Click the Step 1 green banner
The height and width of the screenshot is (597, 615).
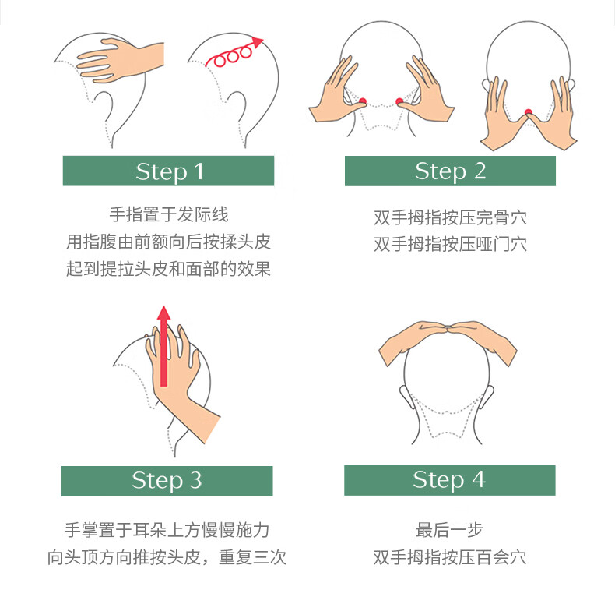tap(168, 171)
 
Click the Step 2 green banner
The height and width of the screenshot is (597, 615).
tap(450, 171)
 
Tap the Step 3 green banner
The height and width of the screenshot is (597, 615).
tap(167, 481)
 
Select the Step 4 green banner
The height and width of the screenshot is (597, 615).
tap(450, 480)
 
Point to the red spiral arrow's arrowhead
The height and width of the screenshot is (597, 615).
tap(258, 41)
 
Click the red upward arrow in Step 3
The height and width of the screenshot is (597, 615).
tap(164, 345)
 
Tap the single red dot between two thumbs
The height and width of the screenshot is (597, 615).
tap(529, 113)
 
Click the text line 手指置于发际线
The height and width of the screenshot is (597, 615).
tap(169, 214)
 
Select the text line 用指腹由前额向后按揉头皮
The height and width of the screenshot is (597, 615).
tap(168, 242)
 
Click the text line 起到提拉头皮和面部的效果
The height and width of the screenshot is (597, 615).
tap(168, 269)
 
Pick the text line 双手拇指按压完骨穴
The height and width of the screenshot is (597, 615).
tap(450, 217)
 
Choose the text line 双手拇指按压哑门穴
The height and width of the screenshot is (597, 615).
tap(450, 244)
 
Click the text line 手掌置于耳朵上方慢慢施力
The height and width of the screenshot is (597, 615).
tap(167, 530)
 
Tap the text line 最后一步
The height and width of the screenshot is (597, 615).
tap(449, 530)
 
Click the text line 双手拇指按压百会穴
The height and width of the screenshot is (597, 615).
tap(449, 557)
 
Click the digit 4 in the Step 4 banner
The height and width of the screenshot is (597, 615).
tap(479, 479)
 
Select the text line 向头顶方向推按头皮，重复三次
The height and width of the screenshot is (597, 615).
tap(167, 557)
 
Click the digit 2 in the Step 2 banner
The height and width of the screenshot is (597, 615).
tap(480, 171)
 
